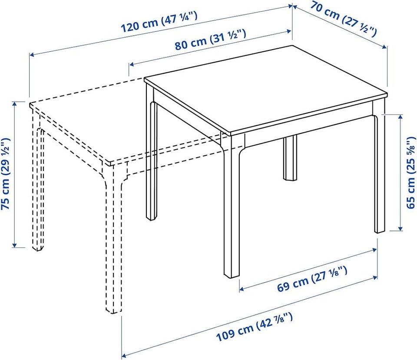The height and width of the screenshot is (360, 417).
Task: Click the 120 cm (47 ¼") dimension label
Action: point(159,22)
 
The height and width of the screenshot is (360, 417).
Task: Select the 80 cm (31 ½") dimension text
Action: point(210,40)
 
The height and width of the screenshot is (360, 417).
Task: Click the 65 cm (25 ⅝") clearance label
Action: point(411,173)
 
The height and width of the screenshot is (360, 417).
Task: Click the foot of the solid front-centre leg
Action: point(232,275)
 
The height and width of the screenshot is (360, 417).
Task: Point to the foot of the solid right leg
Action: point(380,230)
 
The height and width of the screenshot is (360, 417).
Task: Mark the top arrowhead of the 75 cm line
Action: point(15,103)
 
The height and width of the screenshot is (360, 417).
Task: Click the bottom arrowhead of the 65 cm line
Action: point(400,228)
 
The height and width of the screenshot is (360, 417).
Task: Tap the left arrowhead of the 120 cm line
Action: point(31,55)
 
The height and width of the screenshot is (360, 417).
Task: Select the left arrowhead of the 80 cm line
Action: point(131,64)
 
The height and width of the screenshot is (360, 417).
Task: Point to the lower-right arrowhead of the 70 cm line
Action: point(385,47)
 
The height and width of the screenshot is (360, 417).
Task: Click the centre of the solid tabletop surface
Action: point(266,89)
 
